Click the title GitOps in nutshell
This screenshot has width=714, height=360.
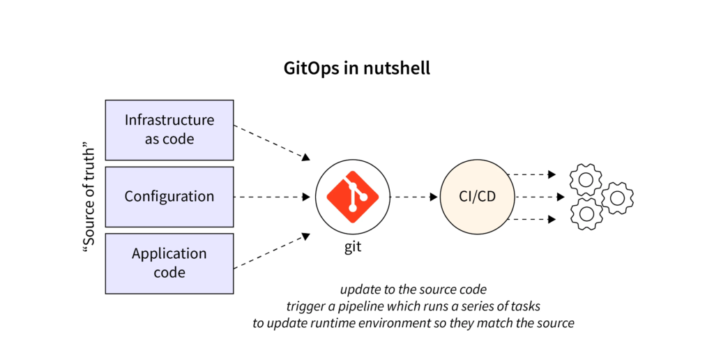pyautogui.click(x=356, y=68)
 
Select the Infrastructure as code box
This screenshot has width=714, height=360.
pyautogui.click(x=169, y=130)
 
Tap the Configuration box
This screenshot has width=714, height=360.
pyautogui.click(x=169, y=197)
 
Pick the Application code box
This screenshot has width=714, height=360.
pyautogui.click(x=169, y=264)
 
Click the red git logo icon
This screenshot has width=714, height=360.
pyautogui.click(x=352, y=197)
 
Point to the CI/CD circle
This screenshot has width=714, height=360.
pyautogui.click(x=477, y=197)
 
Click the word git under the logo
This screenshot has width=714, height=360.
pyautogui.click(x=353, y=246)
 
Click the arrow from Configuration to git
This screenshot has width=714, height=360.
pyautogui.click(x=272, y=197)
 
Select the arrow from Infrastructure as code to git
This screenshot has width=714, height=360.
pyautogui.click(x=272, y=142)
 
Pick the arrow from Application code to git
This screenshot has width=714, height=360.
pyautogui.click(x=272, y=251)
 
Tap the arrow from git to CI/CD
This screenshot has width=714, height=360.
pyautogui.click(x=414, y=197)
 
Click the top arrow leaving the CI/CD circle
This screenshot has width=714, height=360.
pyautogui.click(x=531, y=174)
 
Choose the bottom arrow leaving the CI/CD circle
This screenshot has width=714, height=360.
pyautogui.click(x=531, y=219)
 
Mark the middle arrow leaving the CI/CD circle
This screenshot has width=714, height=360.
pyautogui.click(x=540, y=197)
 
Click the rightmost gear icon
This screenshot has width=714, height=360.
pyautogui.click(x=618, y=198)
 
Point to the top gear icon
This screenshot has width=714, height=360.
pyautogui.click(x=586, y=180)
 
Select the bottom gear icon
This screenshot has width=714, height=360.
pyautogui.click(x=586, y=213)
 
